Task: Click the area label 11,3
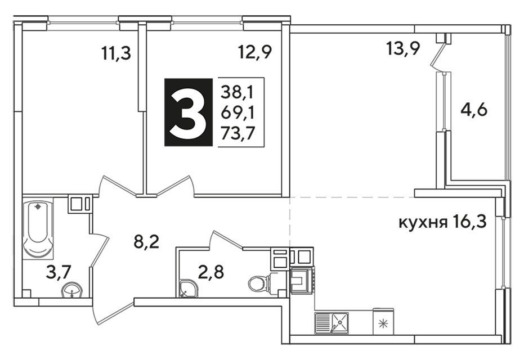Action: pyautogui.click(x=115, y=53)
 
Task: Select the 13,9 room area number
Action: pyautogui.click(x=402, y=49)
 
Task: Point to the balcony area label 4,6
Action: pyautogui.click(x=474, y=110)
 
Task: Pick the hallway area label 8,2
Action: pyautogui.click(x=146, y=242)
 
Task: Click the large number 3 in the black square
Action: pyautogui.click(x=188, y=112)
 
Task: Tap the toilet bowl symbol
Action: pyautogui.click(x=263, y=282)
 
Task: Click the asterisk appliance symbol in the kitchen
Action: pyautogui.click(x=383, y=323)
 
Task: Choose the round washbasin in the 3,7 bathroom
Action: pyautogui.click(x=71, y=290)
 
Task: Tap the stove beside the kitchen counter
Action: pyautogui.click(x=302, y=280)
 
